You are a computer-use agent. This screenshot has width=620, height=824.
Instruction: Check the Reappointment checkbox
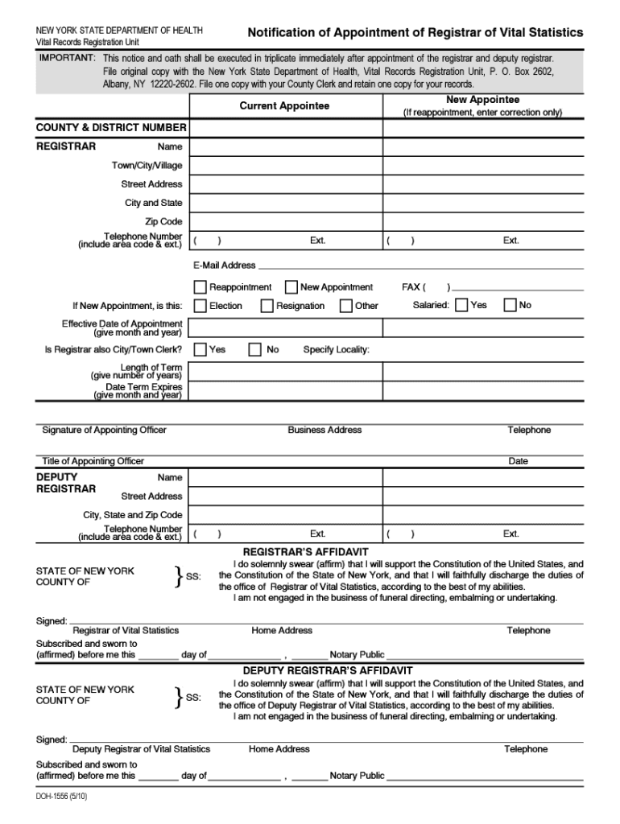pyautogui.click(x=200, y=286)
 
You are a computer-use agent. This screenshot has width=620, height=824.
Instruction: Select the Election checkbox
pyautogui.click(x=200, y=306)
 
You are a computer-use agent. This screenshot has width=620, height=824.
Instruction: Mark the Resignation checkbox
pyautogui.click(x=267, y=306)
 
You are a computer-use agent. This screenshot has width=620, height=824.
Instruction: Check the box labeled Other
pyautogui.click(x=345, y=306)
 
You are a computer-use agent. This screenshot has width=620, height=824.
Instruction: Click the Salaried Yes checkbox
pyautogui.click(x=461, y=305)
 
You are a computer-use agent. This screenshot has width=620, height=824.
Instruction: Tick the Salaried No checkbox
pyautogui.click(x=510, y=305)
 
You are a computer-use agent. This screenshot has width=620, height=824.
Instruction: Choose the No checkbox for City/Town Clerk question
pyautogui.click(x=254, y=349)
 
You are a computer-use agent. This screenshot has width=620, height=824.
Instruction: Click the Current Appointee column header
pyautogui.click(x=284, y=106)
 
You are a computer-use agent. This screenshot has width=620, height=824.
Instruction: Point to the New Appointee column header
pyautogui.click(x=482, y=100)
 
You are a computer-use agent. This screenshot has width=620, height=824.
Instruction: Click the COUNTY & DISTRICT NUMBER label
pyautogui.click(x=111, y=128)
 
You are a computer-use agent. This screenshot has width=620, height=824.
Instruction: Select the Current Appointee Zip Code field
pyautogui.click(x=285, y=221)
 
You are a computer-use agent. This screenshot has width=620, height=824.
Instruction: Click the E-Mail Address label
pyautogui.click(x=224, y=265)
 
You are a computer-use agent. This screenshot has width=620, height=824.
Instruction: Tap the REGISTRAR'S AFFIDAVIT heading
pyautogui.click(x=305, y=552)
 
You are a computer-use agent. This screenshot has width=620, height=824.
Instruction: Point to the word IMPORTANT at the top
pyautogui.click(x=67, y=60)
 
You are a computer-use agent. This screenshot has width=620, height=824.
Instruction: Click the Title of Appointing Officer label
pyautogui.click(x=93, y=461)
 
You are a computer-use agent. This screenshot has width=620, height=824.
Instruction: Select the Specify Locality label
pyautogui.click(x=336, y=350)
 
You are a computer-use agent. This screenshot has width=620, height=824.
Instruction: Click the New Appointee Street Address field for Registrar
pyautogui.click(x=483, y=184)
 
